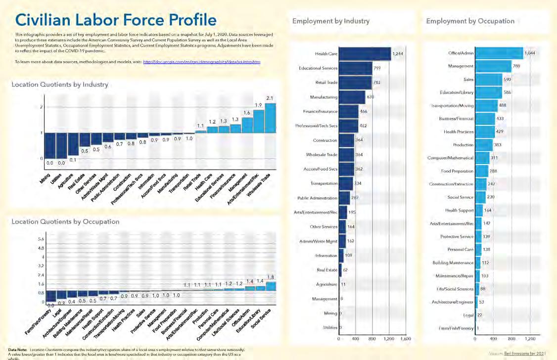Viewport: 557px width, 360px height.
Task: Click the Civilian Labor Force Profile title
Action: (116, 20)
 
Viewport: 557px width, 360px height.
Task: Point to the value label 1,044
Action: (530, 53)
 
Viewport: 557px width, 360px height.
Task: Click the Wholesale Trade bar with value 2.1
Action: (271, 131)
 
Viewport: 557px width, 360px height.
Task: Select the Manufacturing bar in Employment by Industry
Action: (352, 97)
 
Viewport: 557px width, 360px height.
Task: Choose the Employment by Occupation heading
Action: (470, 21)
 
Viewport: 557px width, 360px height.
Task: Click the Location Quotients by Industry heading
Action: (60, 85)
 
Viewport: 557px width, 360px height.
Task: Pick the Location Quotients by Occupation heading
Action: (65, 222)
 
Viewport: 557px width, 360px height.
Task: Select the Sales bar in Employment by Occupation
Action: (488, 79)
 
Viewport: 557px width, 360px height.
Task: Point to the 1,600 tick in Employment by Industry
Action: (406, 339)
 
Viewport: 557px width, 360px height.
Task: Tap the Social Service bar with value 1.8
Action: (271, 285)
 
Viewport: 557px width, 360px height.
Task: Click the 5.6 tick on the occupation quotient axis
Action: (41, 239)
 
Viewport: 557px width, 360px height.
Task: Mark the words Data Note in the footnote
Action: (18, 350)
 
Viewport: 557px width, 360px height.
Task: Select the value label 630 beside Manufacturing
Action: (370, 97)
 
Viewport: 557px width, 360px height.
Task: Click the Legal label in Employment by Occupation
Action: (467, 315)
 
